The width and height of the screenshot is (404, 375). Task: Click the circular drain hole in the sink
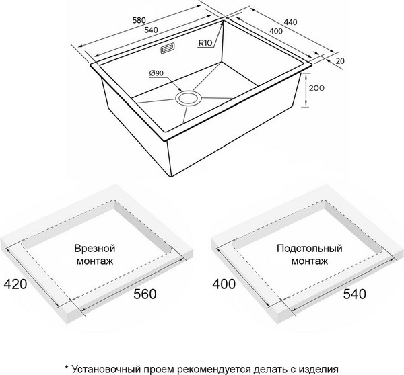(187, 99)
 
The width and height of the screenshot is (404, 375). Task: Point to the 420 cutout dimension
(15, 284)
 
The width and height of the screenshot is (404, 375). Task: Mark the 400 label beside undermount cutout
(223, 284)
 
